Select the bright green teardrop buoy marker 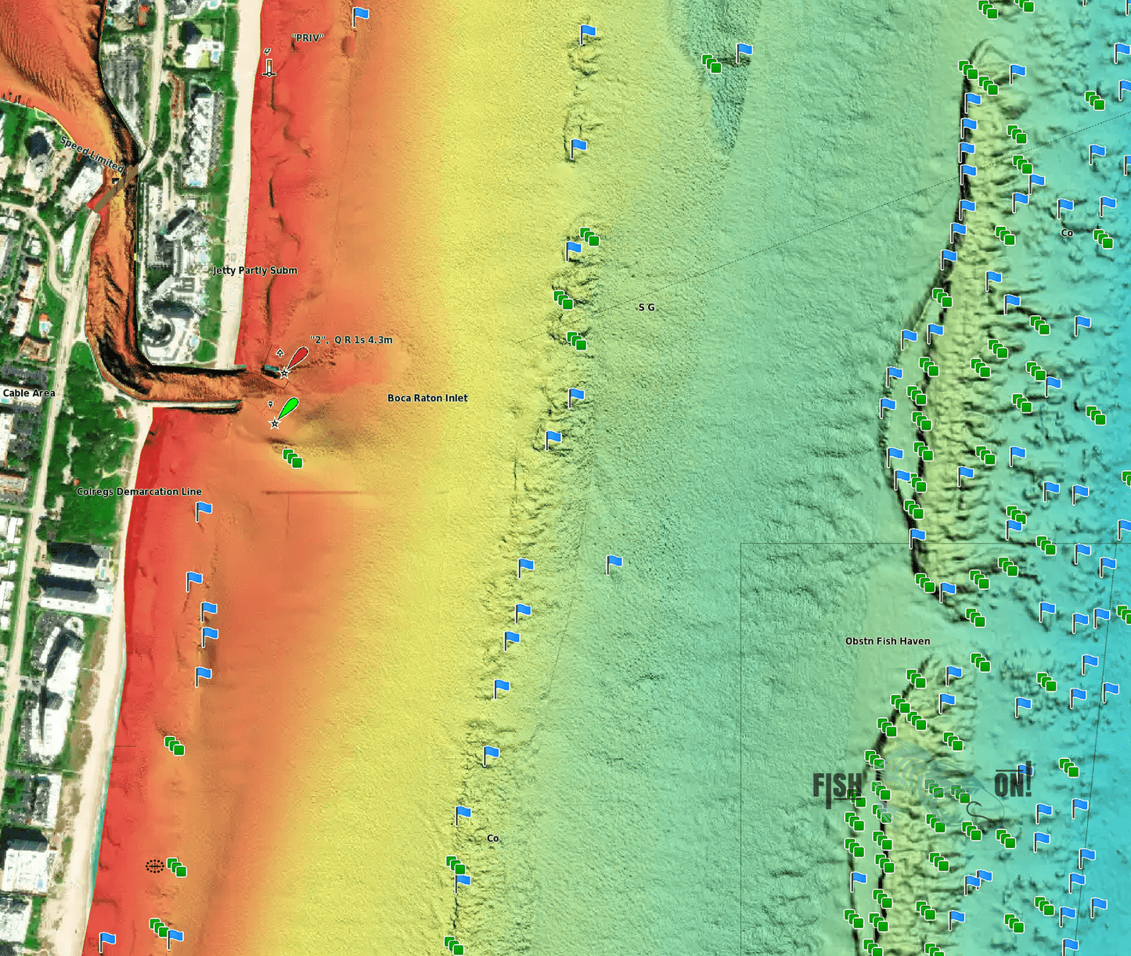[x=287, y=408]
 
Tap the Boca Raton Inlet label [x=427, y=398]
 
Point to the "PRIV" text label [x=308, y=38]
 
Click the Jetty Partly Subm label [x=255, y=271]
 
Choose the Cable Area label [x=29, y=393]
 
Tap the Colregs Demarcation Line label [x=139, y=492]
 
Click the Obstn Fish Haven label [x=888, y=642]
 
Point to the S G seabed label [x=647, y=307]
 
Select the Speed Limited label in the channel [x=92, y=154]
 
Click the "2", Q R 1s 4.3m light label [x=351, y=340]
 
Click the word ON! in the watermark [x=1013, y=783]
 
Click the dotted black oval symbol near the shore [x=155, y=866]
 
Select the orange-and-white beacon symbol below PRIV [x=268, y=63]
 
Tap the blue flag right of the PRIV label [x=360, y=16]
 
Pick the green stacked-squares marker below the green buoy [x=293, y=458]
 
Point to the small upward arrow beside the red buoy [x=279, y=354]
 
